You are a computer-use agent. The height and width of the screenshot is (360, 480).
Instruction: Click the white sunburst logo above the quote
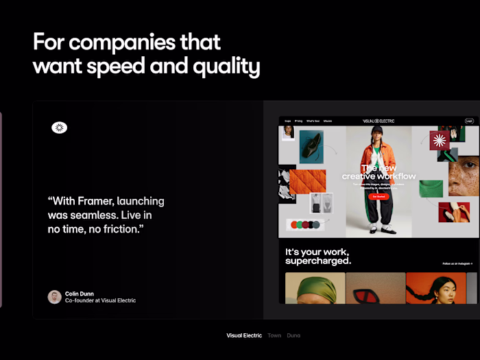59,128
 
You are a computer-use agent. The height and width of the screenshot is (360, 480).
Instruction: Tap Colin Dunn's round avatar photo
55,297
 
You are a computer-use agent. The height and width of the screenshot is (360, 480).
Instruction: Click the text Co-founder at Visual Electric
100,301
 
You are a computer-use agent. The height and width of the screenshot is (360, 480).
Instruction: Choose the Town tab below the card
274,335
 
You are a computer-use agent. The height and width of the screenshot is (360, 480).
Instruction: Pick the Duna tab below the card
293,335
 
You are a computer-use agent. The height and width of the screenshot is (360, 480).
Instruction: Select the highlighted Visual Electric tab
244,335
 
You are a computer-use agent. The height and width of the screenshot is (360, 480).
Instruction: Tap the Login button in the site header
470,121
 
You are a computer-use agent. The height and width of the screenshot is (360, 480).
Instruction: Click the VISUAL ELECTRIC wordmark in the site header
379,121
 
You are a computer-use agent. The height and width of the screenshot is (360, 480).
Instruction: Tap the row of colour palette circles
305,224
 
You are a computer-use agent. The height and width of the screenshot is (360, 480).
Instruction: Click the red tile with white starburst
440,141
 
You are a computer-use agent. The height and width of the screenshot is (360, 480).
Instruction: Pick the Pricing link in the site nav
298,121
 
